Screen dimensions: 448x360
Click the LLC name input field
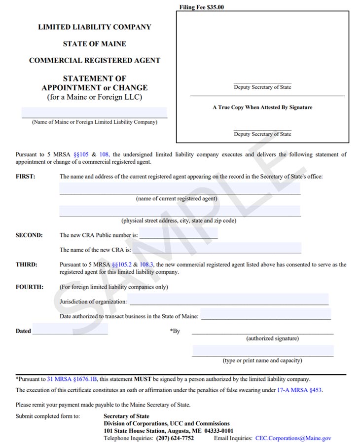(94, 112)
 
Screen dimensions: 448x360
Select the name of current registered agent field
(180, 188)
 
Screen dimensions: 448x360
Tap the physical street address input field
(180, 211)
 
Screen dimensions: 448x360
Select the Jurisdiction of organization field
(228, 299)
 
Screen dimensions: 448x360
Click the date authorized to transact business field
(265, 315)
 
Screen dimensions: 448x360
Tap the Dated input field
(70, 329)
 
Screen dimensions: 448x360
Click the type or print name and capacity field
(262, 351)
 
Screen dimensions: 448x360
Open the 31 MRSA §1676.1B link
(72, 379)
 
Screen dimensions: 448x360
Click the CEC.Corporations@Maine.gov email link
(293, 438)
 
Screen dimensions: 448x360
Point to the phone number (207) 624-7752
(175, 438)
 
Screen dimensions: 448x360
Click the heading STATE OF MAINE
(94, 44)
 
